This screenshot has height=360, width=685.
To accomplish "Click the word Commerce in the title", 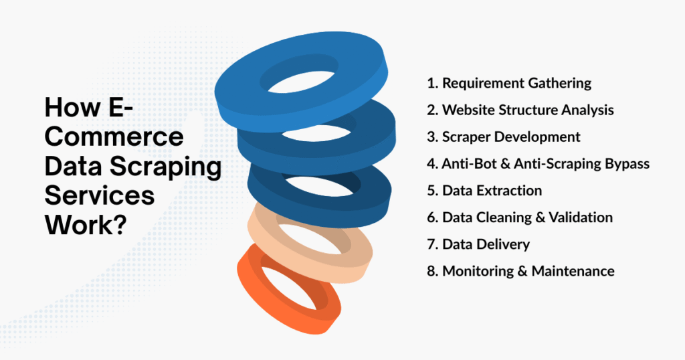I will (114, 137).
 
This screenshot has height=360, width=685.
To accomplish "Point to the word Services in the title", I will (100, 195).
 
